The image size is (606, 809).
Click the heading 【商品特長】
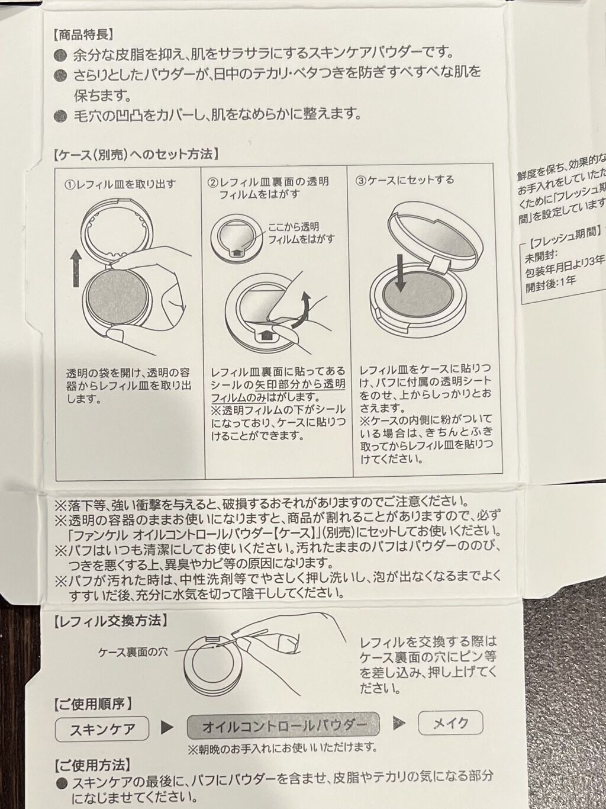coord(83,36)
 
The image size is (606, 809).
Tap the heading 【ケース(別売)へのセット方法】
coord(136,155)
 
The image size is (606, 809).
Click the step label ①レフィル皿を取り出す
coord(120,184)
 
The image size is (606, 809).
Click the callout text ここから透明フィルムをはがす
coord(301,233)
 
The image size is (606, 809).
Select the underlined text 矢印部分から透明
coord(301,384)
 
